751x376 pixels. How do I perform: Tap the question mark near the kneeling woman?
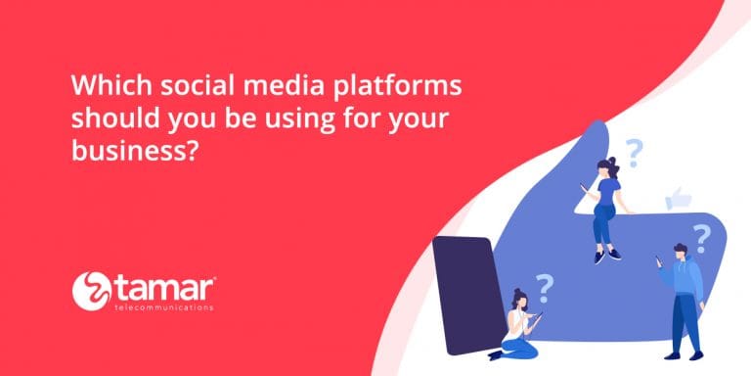pos(545,284)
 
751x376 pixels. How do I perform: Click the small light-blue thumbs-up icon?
pos(679,199)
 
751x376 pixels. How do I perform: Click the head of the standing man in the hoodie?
pos(679,254)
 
